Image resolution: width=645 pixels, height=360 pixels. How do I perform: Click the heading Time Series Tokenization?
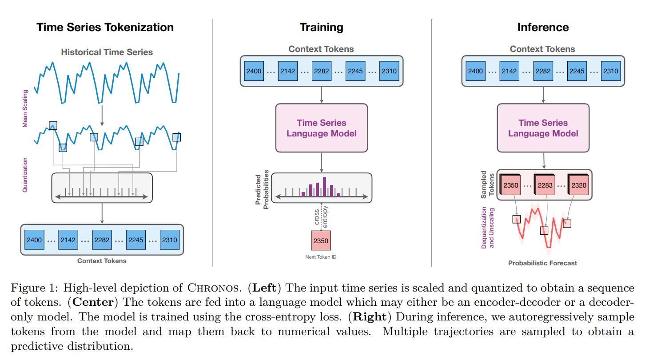105,28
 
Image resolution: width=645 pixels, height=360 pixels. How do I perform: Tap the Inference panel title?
543,28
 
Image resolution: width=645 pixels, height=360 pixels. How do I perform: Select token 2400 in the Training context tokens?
254,71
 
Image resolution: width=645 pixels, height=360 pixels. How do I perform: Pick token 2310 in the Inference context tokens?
610,71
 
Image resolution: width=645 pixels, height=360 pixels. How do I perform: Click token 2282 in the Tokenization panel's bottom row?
102,240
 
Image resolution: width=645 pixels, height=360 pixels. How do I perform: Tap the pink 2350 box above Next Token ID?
321,240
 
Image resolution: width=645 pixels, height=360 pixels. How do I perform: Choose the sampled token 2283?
545,185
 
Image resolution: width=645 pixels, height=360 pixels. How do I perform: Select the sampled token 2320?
578,185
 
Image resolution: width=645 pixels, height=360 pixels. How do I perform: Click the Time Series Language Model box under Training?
322,128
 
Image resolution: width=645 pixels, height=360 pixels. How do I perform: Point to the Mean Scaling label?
25,108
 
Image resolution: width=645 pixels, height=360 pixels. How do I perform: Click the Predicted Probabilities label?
262,189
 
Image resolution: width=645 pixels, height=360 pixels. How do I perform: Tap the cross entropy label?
321,216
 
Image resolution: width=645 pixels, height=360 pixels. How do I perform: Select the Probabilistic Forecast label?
542,263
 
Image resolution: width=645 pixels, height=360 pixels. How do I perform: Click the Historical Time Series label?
107,52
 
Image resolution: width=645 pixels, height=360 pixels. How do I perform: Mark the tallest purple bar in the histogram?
325,187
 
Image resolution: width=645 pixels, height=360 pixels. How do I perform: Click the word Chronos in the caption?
213,288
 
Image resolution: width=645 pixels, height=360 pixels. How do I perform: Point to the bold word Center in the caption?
93,302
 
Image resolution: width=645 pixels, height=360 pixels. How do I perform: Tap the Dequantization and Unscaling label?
487,228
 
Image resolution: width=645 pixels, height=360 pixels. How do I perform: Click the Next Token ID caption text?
321,257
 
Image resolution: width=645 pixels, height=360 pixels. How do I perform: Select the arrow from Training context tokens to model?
322,95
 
